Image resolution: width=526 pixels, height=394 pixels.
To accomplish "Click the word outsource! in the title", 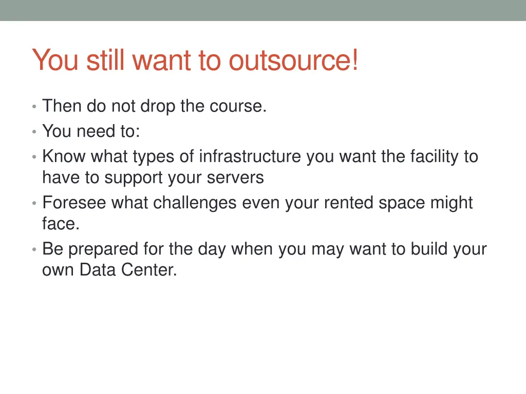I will tap(293, 61).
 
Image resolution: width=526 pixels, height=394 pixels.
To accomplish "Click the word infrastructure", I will tap(251, 156).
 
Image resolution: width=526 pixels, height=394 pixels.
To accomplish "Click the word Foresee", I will tap(74, 203).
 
